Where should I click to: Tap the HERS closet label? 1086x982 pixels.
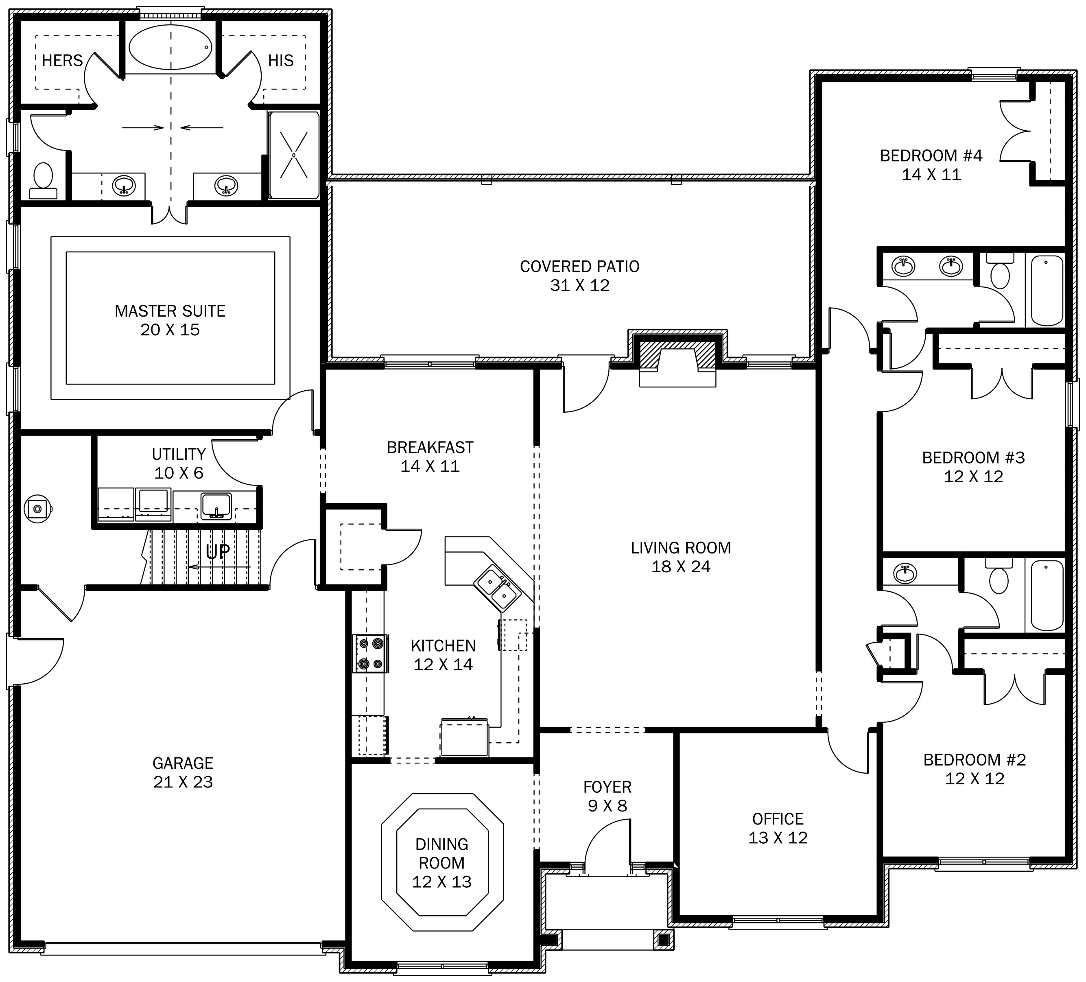(x=63, y=60)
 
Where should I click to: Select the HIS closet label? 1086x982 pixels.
(x=281, y=60)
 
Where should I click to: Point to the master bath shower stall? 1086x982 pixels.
(x=294, y=155)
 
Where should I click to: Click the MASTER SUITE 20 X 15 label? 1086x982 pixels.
(x=170, y=320)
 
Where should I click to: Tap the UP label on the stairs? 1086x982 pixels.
(x=218, y=551)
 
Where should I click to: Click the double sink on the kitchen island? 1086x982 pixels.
(x=497, y=588)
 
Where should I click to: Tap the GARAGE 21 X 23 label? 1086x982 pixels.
(x=183, y=772)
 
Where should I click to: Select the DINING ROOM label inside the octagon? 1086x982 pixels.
(x=442, y=862)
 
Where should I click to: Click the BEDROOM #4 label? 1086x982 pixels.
(x=931, y=165)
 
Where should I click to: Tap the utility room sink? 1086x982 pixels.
(x=216, y=506)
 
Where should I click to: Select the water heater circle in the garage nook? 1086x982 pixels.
(x=38, y=509)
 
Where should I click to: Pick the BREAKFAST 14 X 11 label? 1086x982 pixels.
(x=430, y=456)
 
